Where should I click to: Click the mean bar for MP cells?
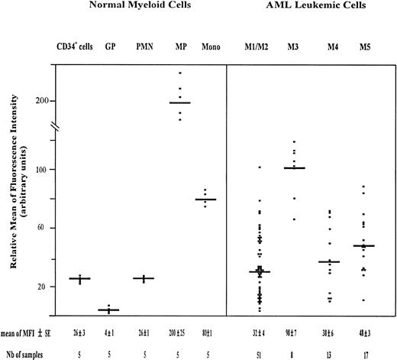(180, 102)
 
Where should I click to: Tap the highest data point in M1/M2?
(260, 167)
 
